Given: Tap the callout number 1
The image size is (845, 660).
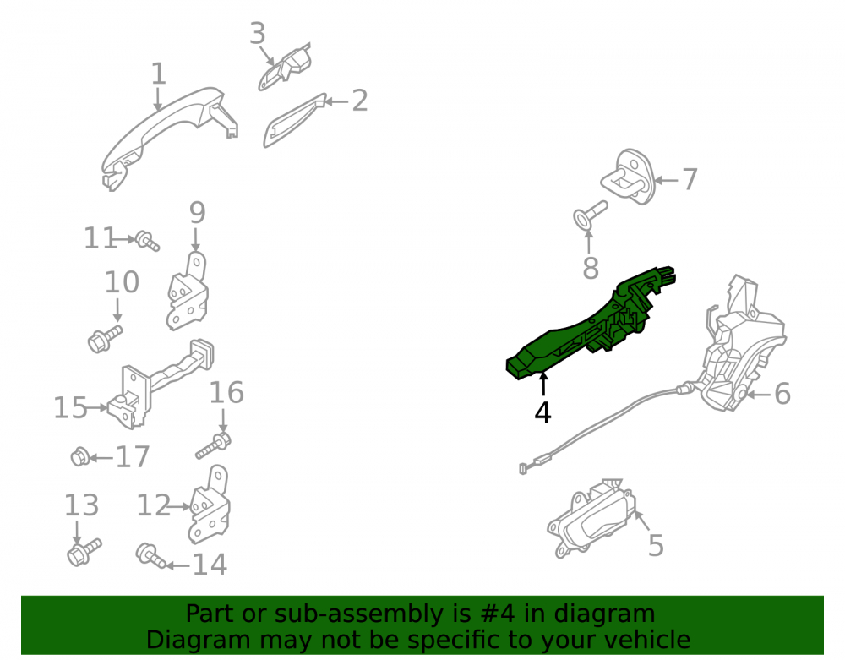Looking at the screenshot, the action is (158, 74).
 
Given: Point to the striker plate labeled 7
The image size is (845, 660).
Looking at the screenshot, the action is (628, 177).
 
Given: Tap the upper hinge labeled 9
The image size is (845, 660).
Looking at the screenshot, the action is (187, 291).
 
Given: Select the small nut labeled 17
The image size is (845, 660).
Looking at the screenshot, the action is (79, 457).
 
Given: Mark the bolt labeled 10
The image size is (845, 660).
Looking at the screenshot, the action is (105, 339).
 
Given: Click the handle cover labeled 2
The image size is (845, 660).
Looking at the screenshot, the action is (294, 120).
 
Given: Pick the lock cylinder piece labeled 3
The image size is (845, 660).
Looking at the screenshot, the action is (285, 68).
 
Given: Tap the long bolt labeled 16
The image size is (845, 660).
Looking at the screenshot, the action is (214, 445).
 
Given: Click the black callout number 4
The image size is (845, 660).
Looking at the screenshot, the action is (542, 412).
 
